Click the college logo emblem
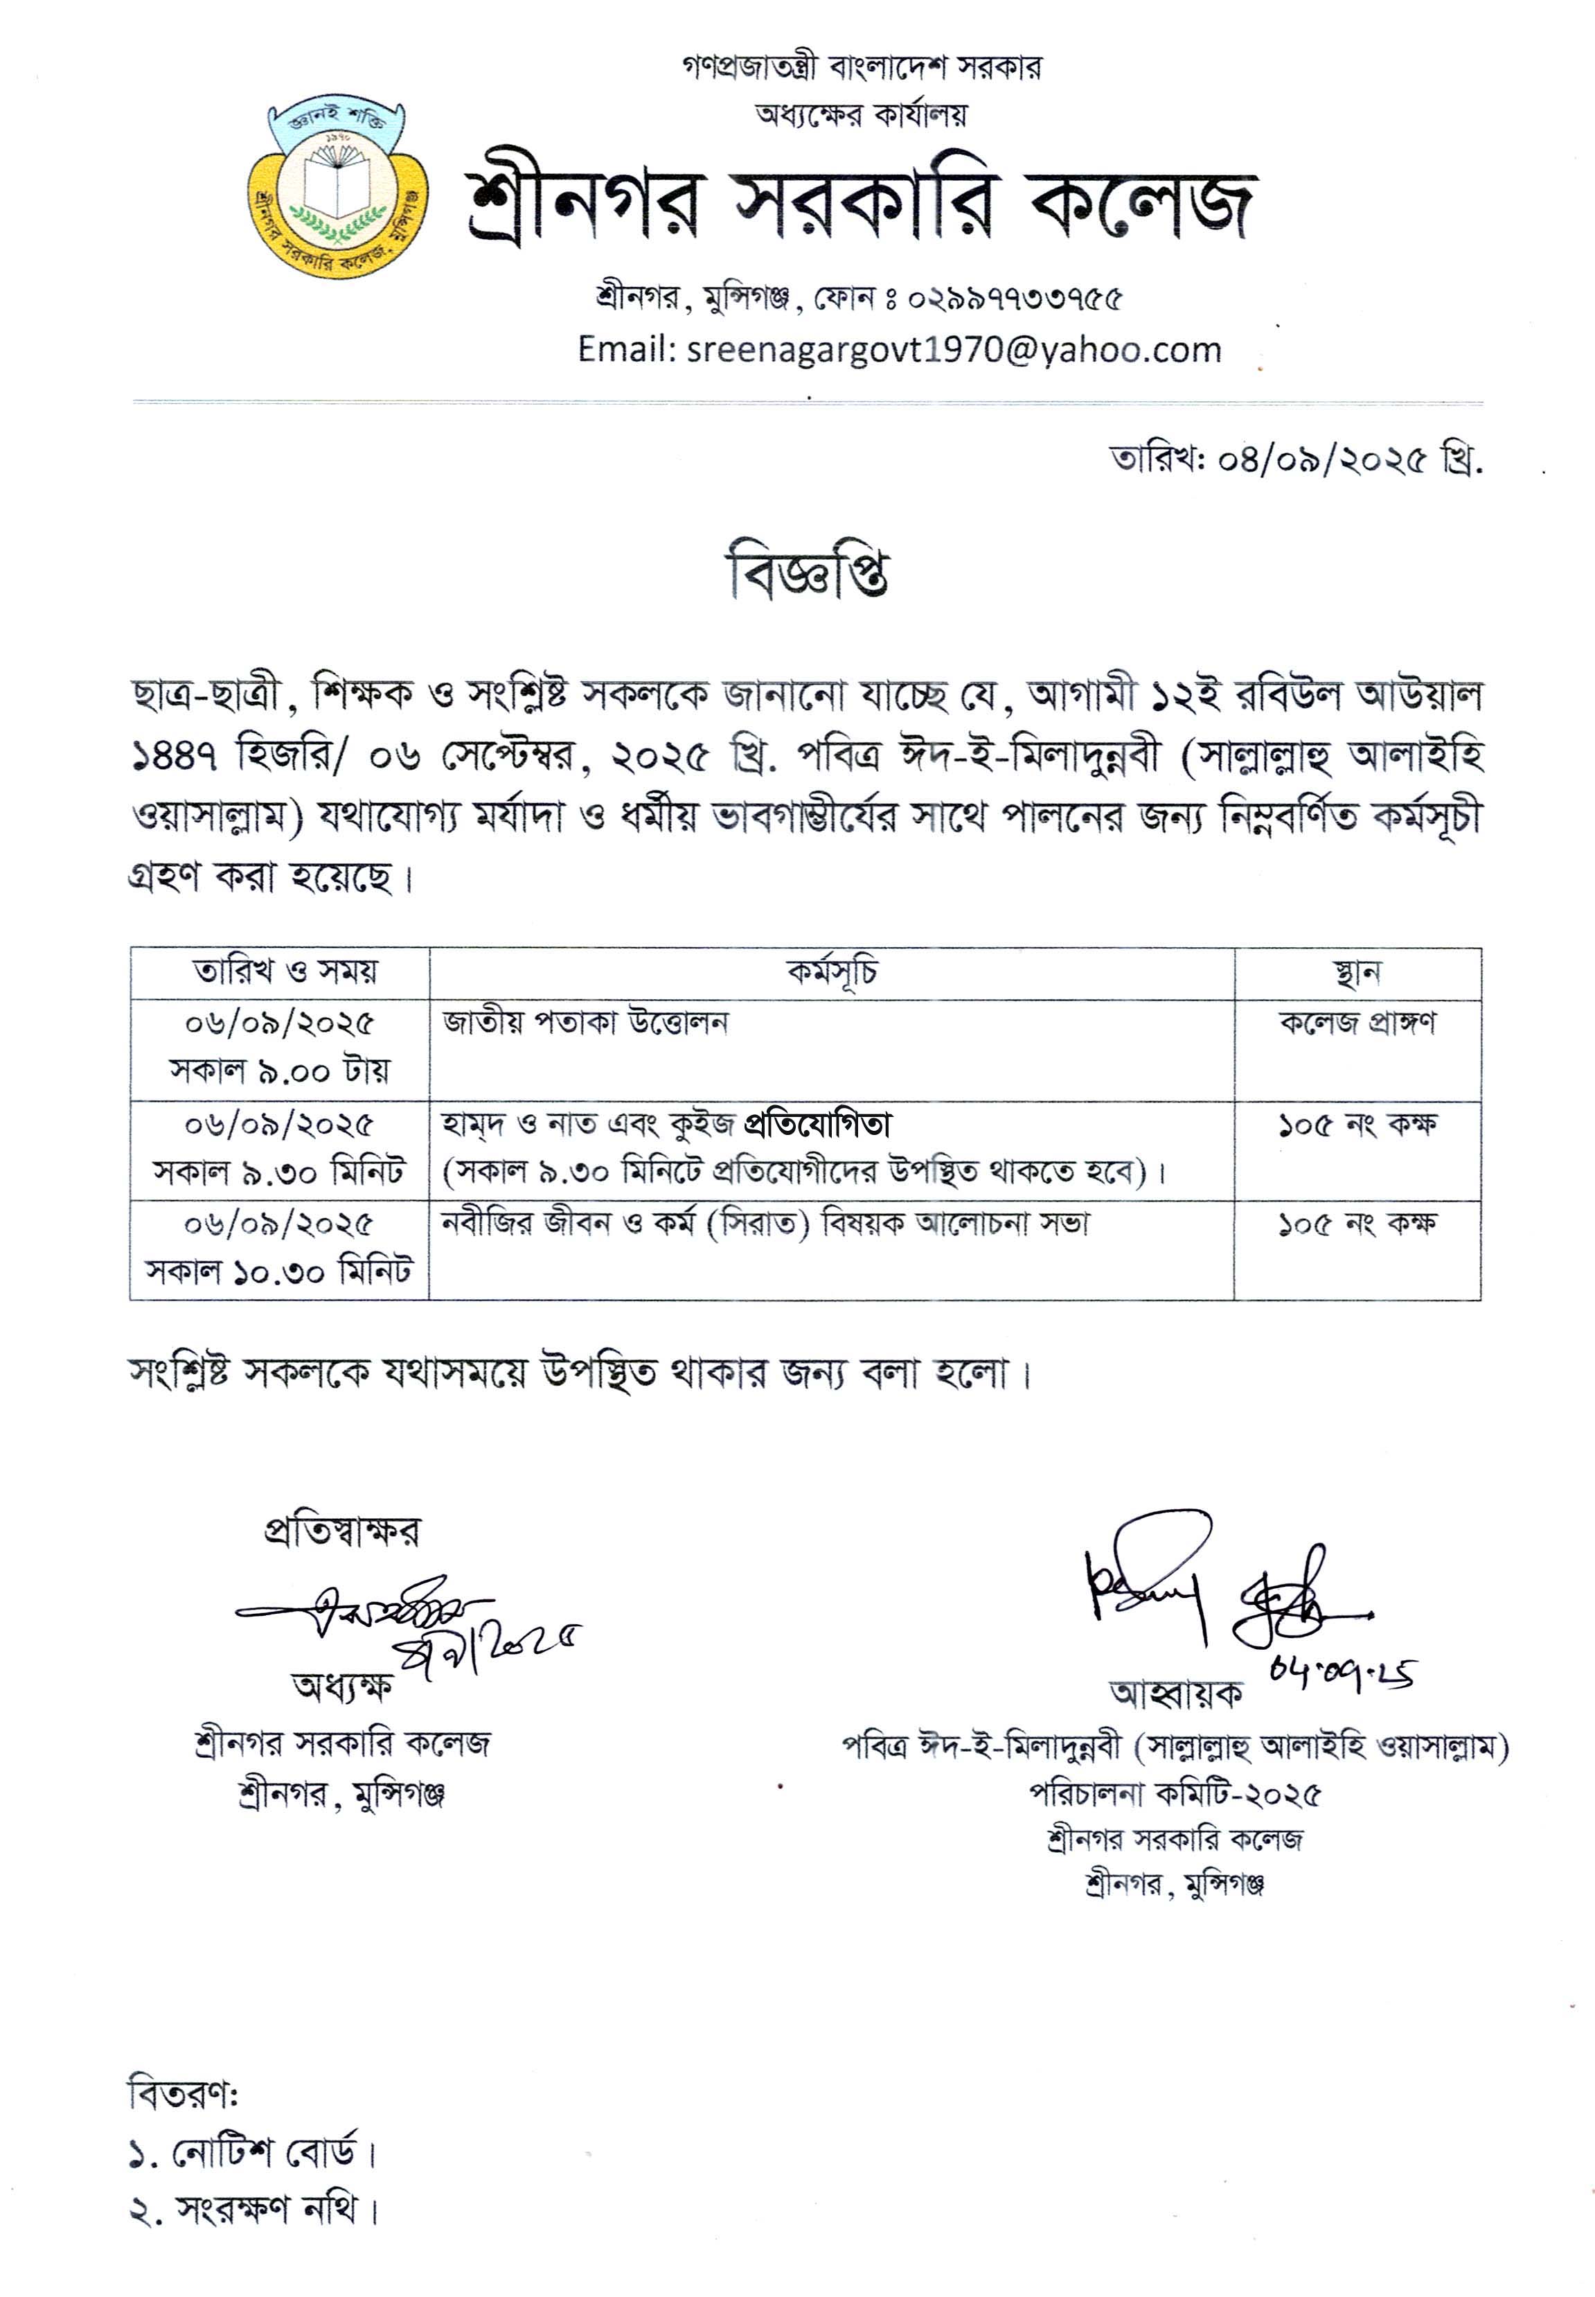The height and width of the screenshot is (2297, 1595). click(338, 185)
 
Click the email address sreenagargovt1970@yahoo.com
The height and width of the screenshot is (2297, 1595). click(954, 350)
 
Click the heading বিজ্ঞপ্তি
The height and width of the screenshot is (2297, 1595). click(805, 573)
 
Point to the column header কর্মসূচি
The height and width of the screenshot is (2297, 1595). click(832, 971)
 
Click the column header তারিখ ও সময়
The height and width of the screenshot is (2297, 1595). click(285, 971)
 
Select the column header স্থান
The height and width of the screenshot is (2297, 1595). click(1356, 971)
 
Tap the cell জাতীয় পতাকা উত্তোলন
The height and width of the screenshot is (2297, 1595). click(586, 1023)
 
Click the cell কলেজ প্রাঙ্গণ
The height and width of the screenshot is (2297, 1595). click(1356, 1023)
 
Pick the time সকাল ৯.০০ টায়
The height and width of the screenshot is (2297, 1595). click(280, 1071)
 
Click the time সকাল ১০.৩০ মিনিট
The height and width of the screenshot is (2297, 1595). click(279, 1272)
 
